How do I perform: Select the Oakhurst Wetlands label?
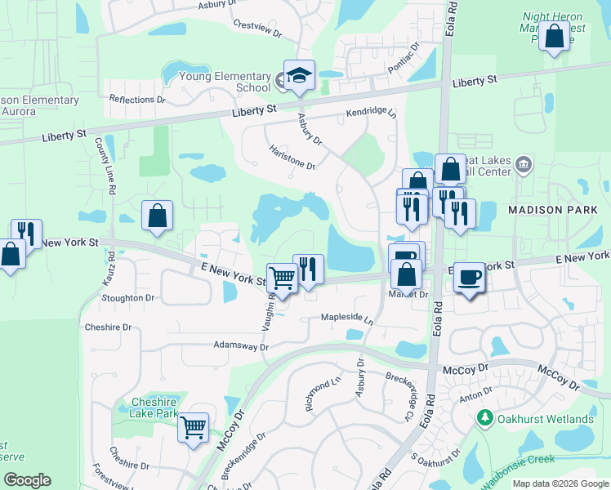click(546, 419)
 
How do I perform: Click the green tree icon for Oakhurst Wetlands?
click(484, 418)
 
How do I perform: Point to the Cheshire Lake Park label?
click(154, 408)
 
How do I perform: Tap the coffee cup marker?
click(469, 277)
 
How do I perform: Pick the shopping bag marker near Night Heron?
click(555, 36)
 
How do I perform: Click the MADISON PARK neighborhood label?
click(547, 210)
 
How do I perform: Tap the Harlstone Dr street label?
click(292, 157)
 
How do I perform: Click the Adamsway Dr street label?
click(241, 346)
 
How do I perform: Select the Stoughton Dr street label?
click(127, 298)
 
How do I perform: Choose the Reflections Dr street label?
click(137, 100)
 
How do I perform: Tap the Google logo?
click(27, 480)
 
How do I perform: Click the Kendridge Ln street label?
click(370, 113)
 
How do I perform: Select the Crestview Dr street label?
click(256, 29)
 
